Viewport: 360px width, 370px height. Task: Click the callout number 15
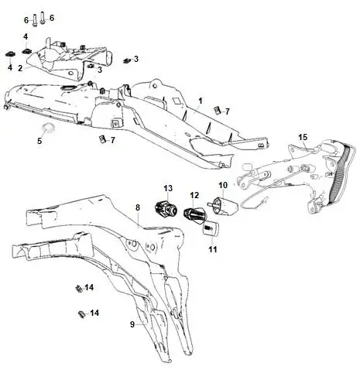[303, 137]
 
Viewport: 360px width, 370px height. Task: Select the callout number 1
[201, 101]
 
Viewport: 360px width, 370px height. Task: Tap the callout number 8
[138, 207]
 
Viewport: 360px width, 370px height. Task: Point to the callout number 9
[132, 324]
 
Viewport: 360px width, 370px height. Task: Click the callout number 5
[39, 141]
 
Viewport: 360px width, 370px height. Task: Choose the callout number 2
[20, 68]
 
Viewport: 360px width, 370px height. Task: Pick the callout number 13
[168, 188]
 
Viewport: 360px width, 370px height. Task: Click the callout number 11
[213, 249]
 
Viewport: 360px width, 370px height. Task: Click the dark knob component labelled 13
[166, 208]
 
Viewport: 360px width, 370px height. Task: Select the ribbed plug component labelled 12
[194, 214]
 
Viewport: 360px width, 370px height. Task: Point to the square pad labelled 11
[211, 228]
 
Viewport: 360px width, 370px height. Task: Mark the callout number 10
[223, 185]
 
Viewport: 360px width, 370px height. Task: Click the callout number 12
[194, 195]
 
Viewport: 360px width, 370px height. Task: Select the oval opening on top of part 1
[67, 87]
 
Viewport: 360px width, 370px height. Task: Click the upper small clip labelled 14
[78, 288]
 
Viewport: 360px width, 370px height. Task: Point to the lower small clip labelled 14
[81, 314]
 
